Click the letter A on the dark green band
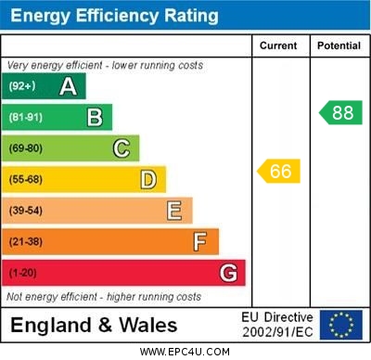[68, 86]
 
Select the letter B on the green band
[95, 117]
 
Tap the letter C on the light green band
[122, 148]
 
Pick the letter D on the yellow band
[147, 180]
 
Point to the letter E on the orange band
[174, 211]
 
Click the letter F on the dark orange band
[200, 242]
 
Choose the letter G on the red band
[228, 273]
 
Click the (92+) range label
[22, 87]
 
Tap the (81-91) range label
[26, 118]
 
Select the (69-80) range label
[26, 148]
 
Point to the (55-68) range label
[26, 180]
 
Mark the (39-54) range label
[26, 211]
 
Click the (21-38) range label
[26, 242]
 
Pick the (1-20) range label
[23, 274]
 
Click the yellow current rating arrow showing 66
[279, 171]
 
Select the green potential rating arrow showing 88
[341, 112]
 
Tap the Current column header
[278, 45]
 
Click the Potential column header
[339, 45]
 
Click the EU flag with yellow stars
[340, 325]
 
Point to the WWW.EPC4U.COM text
[185, 352]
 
